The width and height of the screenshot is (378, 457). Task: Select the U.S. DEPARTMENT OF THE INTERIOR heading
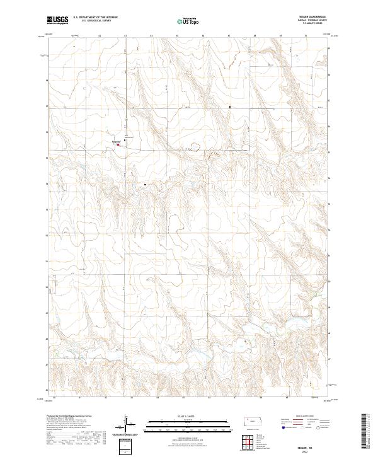[95, 18]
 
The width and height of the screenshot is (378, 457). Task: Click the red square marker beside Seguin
[118, 144]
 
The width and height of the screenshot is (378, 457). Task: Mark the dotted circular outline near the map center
[195, 147]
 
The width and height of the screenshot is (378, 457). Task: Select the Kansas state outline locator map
[254, 422]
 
